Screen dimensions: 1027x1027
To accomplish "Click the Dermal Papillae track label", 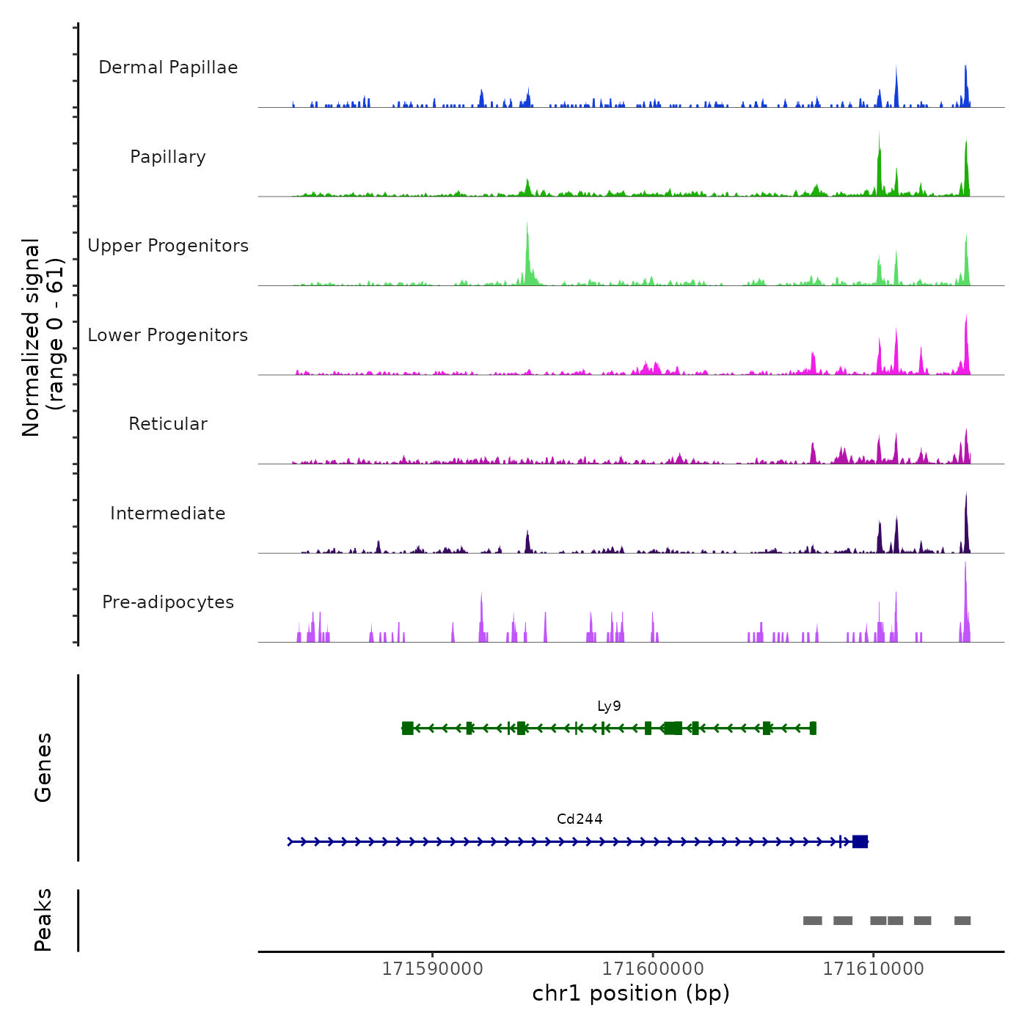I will tap(168, 67).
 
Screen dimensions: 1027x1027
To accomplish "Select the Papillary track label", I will tap(168, 157).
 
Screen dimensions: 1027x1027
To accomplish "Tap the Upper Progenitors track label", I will tap(168, 246).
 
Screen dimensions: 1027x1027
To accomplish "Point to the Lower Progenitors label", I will tap(168, 335).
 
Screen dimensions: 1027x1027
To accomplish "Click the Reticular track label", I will tap(168, 424).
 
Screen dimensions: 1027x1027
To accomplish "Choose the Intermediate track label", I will tap(168, 513).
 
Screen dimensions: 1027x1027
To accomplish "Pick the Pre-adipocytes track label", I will tap(168, 602).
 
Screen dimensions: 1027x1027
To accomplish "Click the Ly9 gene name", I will tap(609, 706).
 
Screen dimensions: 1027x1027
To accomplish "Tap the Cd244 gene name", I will tap(580, 819).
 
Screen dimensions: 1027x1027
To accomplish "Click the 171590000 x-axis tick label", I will tap(433, 969).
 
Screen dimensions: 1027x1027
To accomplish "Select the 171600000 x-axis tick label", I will tap(653, 969).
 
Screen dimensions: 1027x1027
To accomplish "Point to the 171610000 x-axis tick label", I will tap(873, 969).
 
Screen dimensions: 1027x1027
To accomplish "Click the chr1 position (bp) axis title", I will tap(631, 993).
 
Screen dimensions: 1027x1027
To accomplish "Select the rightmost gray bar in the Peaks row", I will tap(962, 921).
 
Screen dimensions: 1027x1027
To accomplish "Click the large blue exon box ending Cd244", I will tap(860, 841).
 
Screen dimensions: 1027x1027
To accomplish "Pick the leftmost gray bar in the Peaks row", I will tap(812, 921).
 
